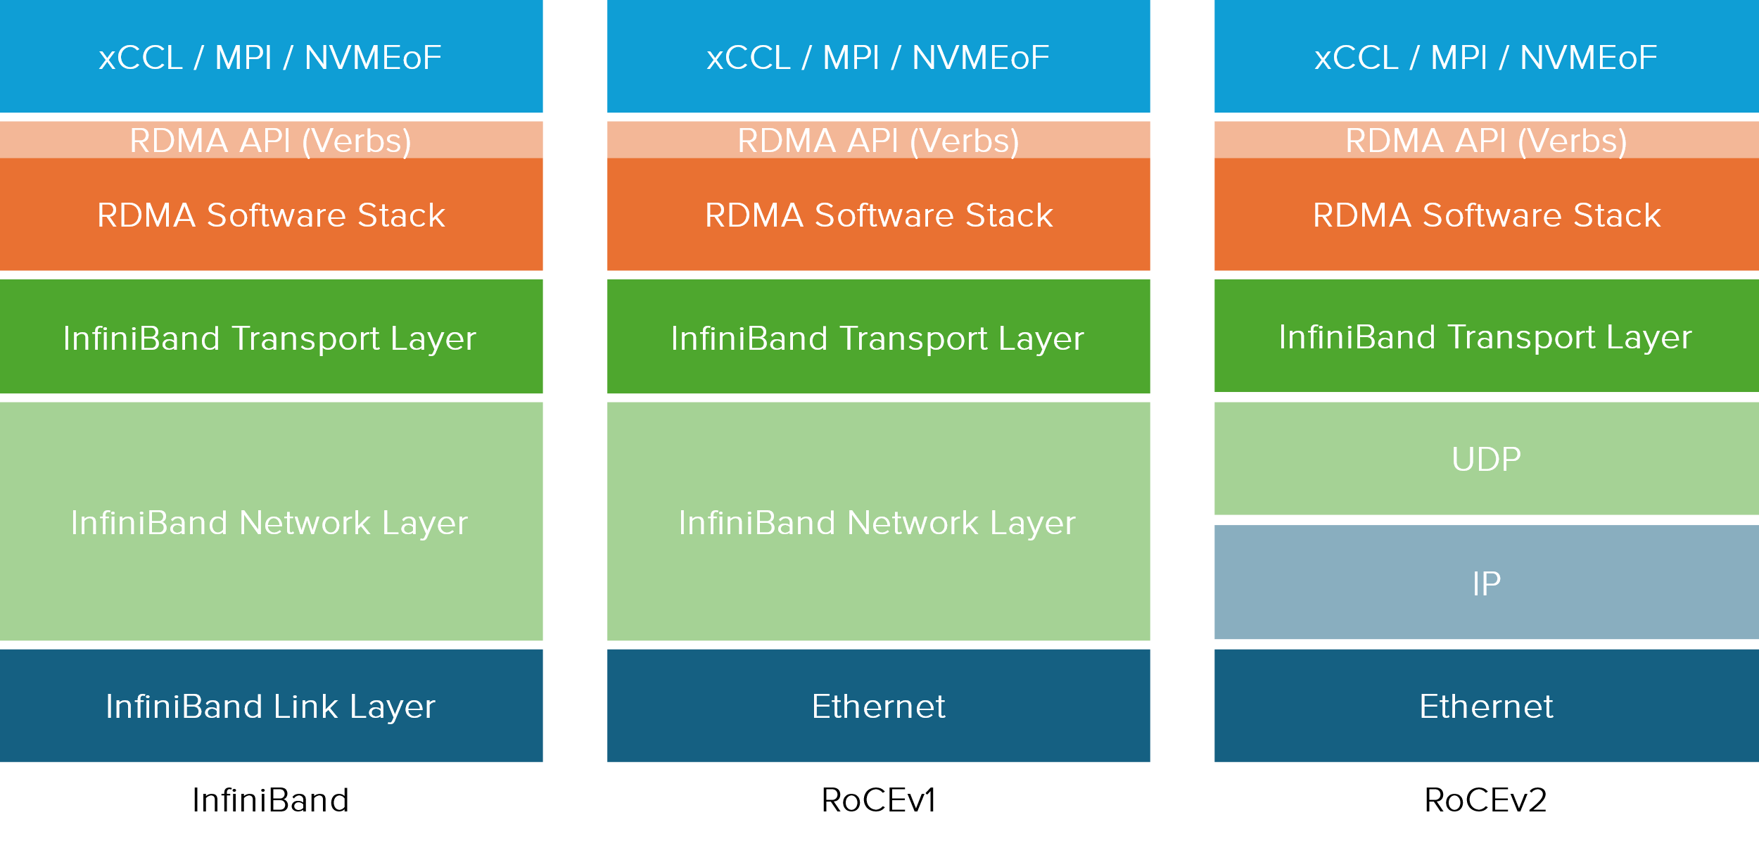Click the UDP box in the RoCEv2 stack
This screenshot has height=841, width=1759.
pos(1486,458)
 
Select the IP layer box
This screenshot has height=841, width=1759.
pos(1486,582)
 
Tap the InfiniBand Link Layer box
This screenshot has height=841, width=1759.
pos(271,705)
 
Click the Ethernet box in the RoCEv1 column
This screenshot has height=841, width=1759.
pos(878,705)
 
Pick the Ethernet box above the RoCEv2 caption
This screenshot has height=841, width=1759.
pos(1486,705)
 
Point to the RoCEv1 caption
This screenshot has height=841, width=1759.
pos(878,800)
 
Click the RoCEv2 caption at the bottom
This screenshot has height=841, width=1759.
pos(1485,800)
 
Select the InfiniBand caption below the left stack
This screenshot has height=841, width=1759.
pos(271,800)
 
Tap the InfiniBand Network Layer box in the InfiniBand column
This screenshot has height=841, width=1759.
pos(271,521)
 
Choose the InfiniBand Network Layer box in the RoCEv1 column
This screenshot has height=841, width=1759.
pos(878,521)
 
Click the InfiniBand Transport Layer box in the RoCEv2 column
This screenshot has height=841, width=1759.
pos(1486,336)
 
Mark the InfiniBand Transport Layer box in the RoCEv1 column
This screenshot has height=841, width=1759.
pos(878,336)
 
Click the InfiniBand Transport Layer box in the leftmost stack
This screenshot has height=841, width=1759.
pos(271,336)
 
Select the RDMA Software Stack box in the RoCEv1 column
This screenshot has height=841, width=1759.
pos(878,214)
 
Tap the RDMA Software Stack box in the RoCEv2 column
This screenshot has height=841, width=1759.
pos(1486,214)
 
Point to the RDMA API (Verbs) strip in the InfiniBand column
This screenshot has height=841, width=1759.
pos(271,139)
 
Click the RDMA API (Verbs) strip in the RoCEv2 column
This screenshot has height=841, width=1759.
pos(1486,139)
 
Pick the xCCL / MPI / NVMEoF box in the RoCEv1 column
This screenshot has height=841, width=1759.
pos(878,56)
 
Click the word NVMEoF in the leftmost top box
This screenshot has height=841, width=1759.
pos(373,58)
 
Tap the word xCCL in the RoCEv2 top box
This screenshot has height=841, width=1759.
pos(1356,58)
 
